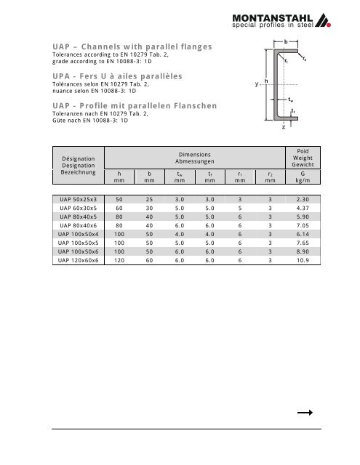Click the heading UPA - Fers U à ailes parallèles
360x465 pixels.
(x=116, y=76)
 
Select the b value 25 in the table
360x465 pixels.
(x=148, y=199)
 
